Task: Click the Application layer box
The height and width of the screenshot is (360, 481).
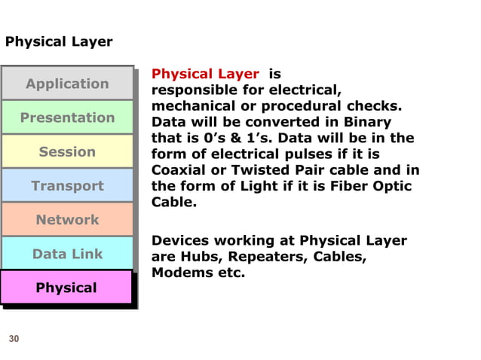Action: pyautogui.click(x=67, y=84)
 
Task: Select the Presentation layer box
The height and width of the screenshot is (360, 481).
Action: pyautogui.click(x=67, y=117)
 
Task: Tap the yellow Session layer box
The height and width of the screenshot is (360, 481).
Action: pyautogui.click(x=67, y=151)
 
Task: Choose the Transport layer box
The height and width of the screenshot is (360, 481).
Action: pyautogui.click(x=67, y=185)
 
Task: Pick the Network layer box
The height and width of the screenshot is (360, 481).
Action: pyautogui.click(x=67, y=219)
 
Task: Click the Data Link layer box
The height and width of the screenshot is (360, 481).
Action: pyautogui.click(x=67, y=254)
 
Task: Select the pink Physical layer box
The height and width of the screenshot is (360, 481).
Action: pyautogui.click(x=67, y=288)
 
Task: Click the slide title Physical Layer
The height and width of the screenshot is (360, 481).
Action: pyautogui.click(x=59, y=41)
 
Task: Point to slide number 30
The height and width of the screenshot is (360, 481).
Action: pyautogui.click(x=14, y=340)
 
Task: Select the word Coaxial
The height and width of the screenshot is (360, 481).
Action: pyautogui.click(x=179, y=170)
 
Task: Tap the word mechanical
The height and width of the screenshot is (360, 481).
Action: pyautogui.click(x=191, y=106)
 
